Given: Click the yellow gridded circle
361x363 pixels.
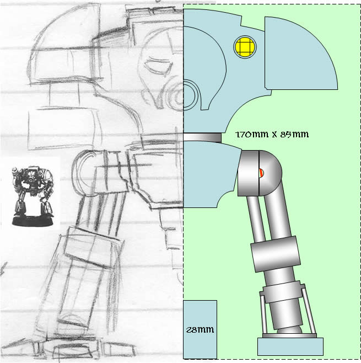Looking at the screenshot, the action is click(245, 47).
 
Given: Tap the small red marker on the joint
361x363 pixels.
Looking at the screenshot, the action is click(261, 173).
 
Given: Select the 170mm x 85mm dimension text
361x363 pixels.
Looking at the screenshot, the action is click(272, 135).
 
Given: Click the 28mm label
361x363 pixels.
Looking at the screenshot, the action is click(200, 329).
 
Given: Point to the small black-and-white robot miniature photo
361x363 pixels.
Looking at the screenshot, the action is click(33, 196).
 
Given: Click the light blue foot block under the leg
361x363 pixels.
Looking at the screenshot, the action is click(290, 346).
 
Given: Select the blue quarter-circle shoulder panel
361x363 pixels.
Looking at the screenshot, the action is click(300, 54).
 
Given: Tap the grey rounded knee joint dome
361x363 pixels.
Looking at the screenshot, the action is click(271, 173).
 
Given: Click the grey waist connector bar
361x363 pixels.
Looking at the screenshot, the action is click(202, 137).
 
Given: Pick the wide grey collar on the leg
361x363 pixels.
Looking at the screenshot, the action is click(276, 254).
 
